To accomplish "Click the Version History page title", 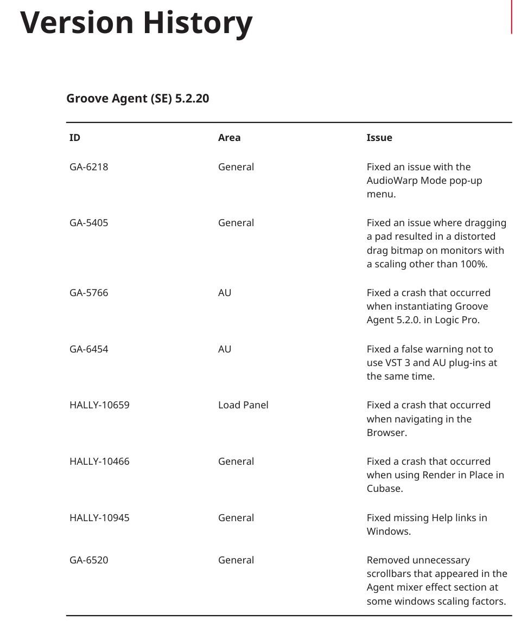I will pos(136,23).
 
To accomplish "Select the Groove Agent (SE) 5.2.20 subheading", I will pos(137,99).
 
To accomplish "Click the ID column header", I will pos(75,138).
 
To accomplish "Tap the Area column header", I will pos(229,138).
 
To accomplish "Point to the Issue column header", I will pos(379,138).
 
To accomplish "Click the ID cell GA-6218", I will pos(88,167).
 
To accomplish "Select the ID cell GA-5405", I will pos(88,223).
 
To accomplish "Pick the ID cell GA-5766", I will pos(88,293).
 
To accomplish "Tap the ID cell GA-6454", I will pos(88,349).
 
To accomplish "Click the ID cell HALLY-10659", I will pos(99,405).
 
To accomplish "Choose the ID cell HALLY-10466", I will pos(99,461).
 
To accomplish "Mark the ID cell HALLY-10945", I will pos(99,518).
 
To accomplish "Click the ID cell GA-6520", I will pos(88,560).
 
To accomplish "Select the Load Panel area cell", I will pos(243,405).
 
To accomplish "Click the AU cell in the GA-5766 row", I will pos(225,293).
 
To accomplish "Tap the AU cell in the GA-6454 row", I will pos(225,349).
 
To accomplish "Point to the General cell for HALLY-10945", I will pos(236,518).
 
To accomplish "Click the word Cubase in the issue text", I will pos(384,489).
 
